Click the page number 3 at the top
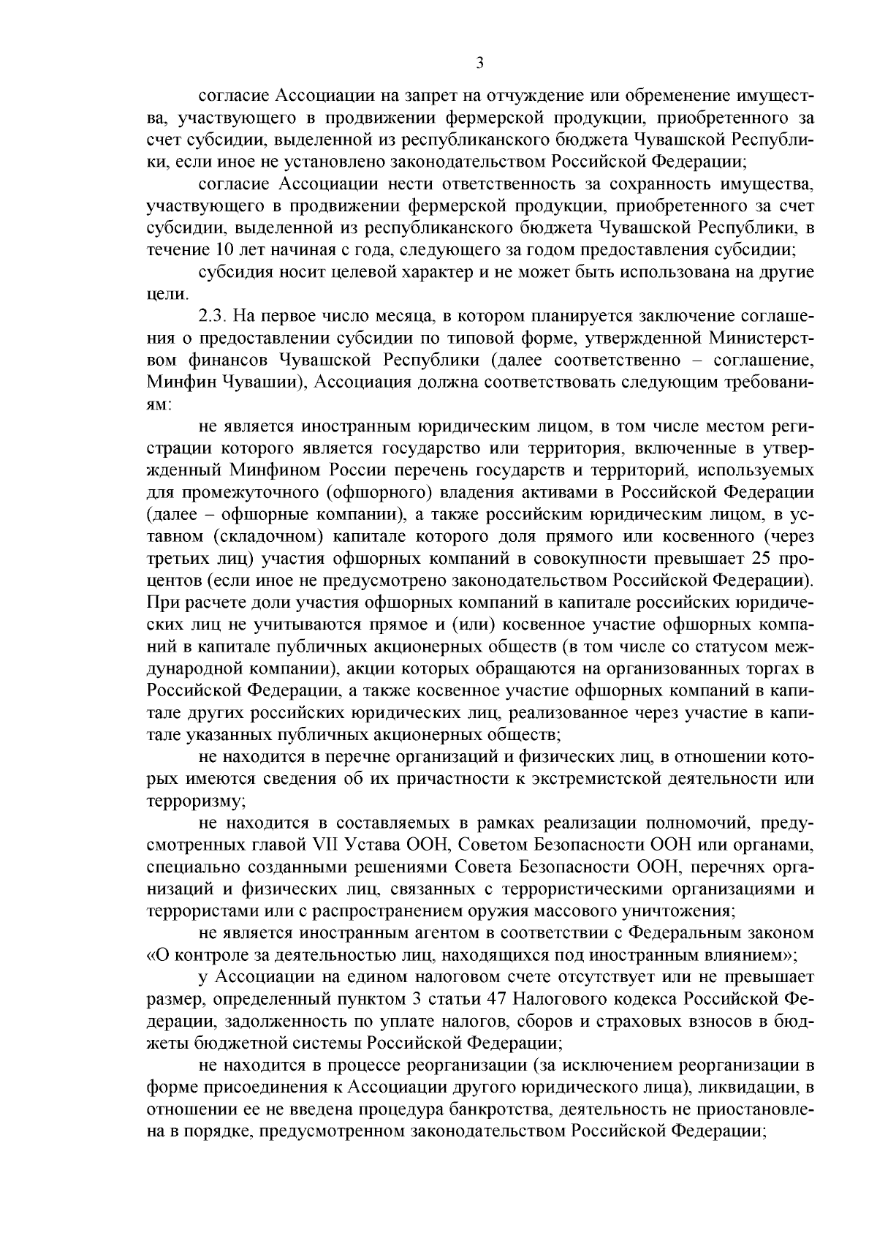pos(479,64)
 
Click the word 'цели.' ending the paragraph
pos(167,294)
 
